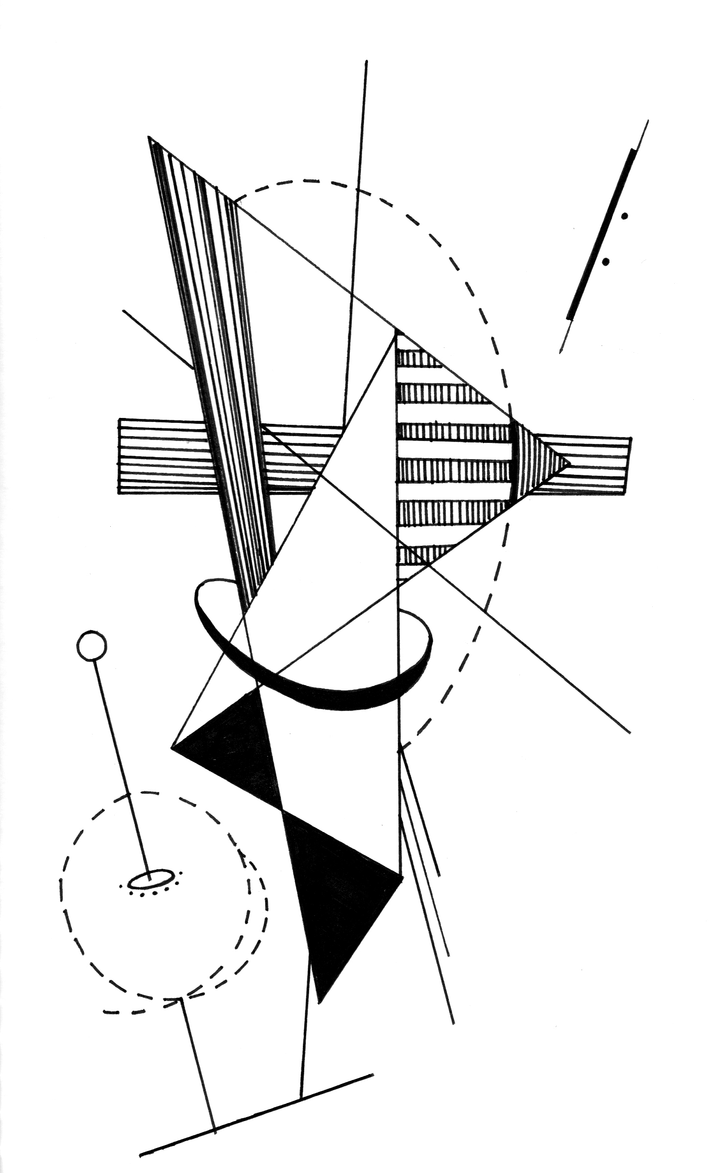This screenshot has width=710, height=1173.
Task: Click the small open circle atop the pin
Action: (92, 646)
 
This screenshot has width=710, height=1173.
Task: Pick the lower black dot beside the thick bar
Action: (606, 262)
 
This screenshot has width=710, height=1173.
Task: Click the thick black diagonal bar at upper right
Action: (601, 235)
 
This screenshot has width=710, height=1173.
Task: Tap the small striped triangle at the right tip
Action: (537, 463)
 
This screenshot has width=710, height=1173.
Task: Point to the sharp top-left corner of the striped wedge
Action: (149, 138)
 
